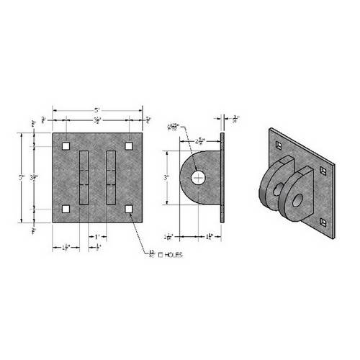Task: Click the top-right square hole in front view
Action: (x=128, y=146)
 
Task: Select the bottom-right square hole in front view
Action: (x=128, y=209)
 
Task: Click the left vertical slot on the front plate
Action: (x=85, y=178)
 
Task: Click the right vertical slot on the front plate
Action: (x=110, y=178)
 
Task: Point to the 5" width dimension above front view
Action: (x=97, y=110)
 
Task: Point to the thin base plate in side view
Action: (x=224, y=177)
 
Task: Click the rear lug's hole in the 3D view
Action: (x=275, y=189)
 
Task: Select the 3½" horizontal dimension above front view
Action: (x=96, y=122)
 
